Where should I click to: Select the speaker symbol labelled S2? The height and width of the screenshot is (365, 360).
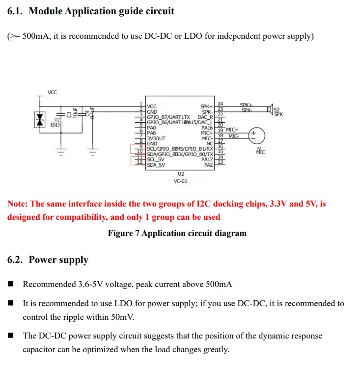tap(270, 109)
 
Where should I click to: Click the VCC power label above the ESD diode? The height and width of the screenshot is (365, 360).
tap(53, 92)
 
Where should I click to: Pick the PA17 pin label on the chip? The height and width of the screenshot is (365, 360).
tap(207, 159)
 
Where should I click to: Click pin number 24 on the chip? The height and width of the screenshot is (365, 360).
tap(221, 104)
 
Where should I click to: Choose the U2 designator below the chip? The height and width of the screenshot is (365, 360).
tap(180, 174)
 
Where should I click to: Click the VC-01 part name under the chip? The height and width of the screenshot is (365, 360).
tap(180, 181)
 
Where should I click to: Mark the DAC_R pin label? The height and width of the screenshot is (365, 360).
tap(205, 117)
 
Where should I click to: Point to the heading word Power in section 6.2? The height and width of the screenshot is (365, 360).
tap(43, 260)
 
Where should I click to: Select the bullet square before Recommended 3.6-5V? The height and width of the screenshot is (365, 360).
tap(11, 285)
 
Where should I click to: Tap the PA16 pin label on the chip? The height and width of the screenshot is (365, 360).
tap(207, 128)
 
